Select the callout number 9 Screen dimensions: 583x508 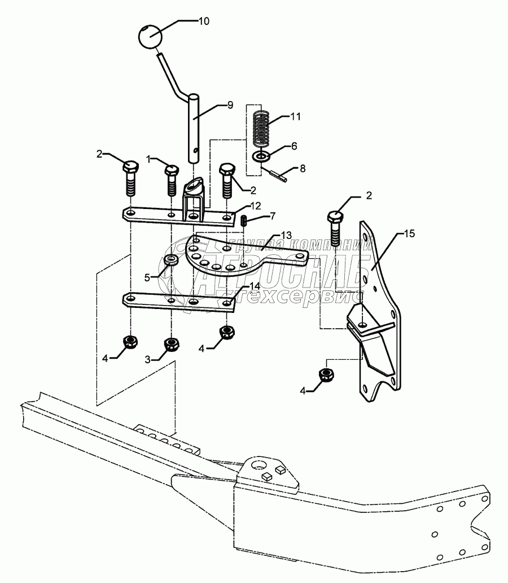tap(214, 105)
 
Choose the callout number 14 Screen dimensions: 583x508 tap(256, 286)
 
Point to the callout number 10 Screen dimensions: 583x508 tap(203, 21)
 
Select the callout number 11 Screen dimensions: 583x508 tap(295, 117)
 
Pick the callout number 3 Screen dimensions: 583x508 tap(148, 359)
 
